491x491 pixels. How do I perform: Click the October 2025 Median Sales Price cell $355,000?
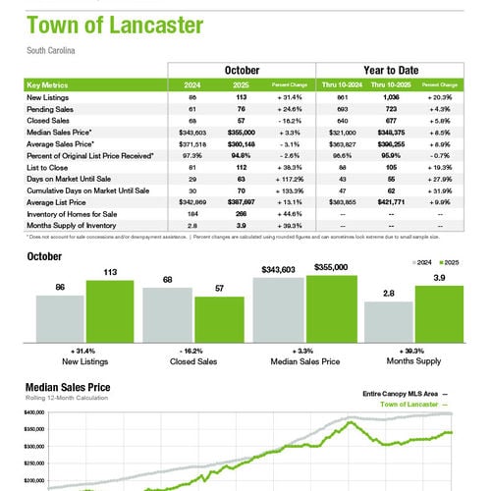tap(241, 130)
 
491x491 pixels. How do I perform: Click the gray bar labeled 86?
tap(60, 317)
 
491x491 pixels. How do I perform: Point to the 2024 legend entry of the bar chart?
tap(425, 264)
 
